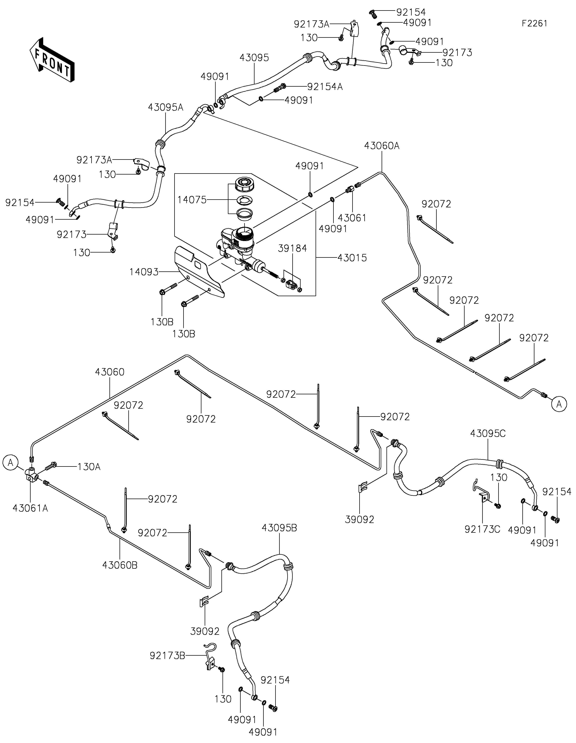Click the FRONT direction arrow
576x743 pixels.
52,60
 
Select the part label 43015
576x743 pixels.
352,258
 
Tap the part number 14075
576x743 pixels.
192,200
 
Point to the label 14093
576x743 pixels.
144,272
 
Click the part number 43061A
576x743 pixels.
30,508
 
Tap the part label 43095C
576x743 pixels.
488,434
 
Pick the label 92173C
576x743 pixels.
482,529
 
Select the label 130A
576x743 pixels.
89,467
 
